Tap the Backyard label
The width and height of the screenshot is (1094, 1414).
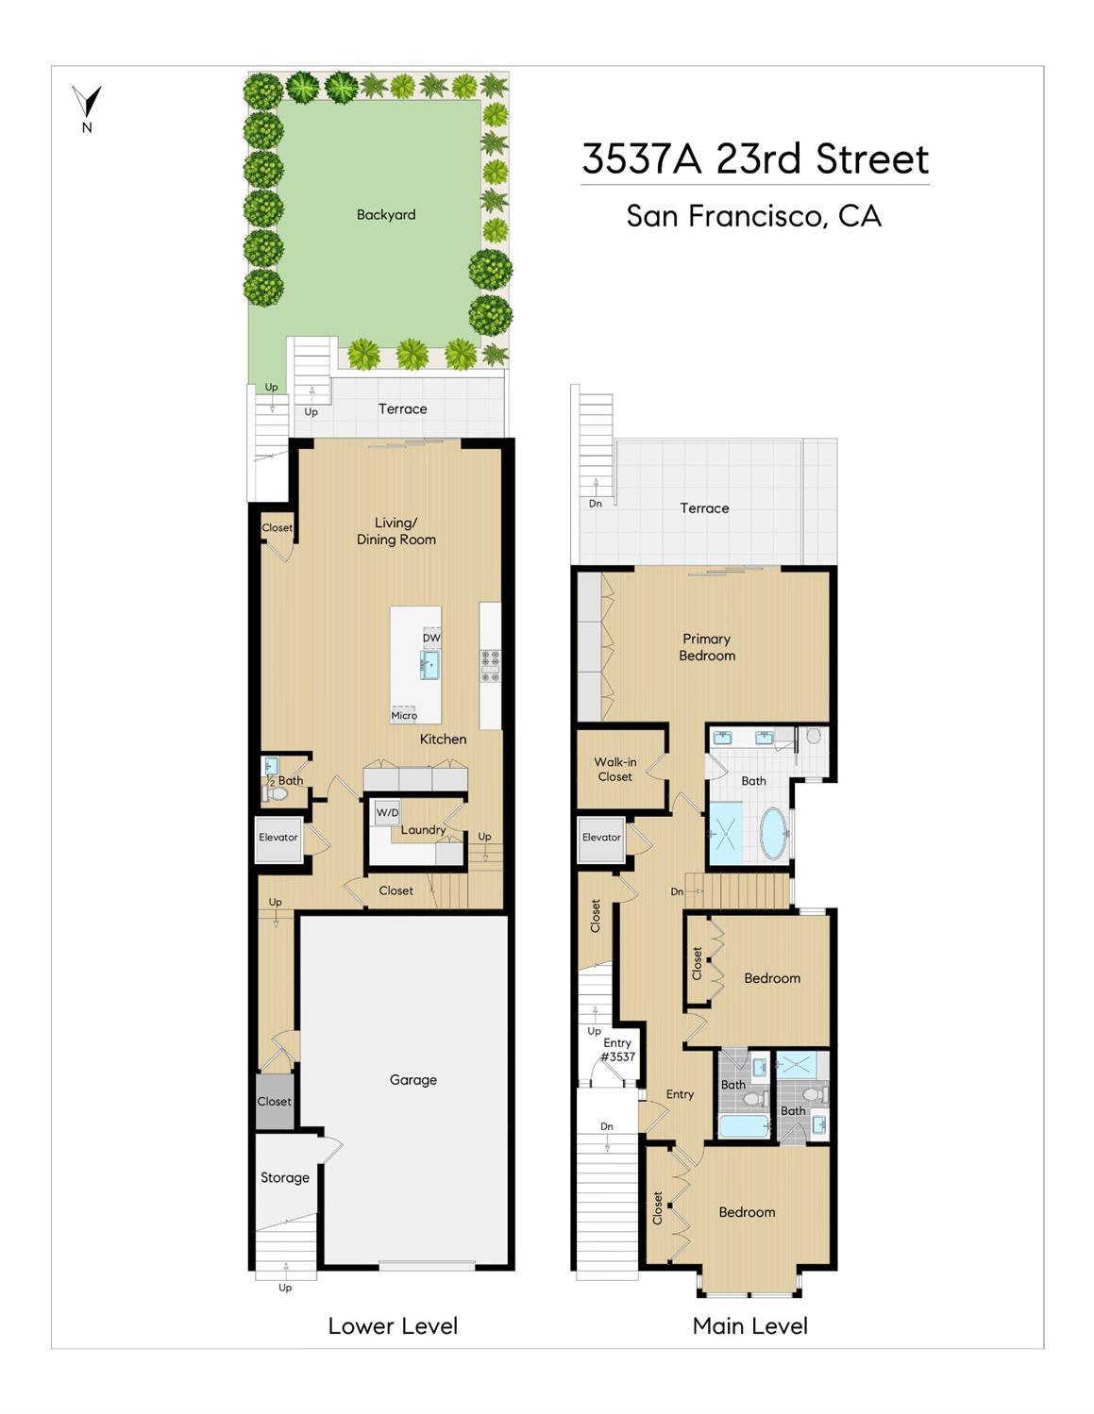click(x=386, y=214)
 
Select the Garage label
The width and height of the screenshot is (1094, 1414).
click(x=412, y=1079)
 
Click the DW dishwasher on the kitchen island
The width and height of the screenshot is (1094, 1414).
click(x=431, y=638)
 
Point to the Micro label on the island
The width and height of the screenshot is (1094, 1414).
click(x=404, y=714)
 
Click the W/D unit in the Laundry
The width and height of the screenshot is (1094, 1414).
click(x=387, y=813)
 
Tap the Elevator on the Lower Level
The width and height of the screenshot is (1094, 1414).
click(x=278, y=839)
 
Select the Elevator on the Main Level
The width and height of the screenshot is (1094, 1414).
click(x=601, y=839)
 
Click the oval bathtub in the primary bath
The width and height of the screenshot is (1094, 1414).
click(x=774, y=834)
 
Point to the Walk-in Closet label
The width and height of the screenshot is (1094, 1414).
click(x=615, y=769)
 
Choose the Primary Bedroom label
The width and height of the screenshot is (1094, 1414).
click(x=707, y=647)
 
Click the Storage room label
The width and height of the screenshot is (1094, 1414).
click(x=284, y=1177)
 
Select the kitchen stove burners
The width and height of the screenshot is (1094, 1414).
click(x=490, y=666)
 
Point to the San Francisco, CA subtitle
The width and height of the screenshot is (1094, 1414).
click(x=754, y=216)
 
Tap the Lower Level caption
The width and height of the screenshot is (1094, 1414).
click(x=393, y=1326)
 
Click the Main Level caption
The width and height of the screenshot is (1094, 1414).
click(x=750, y=1326)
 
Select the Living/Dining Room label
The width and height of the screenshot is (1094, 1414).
click(x=396, y=531)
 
